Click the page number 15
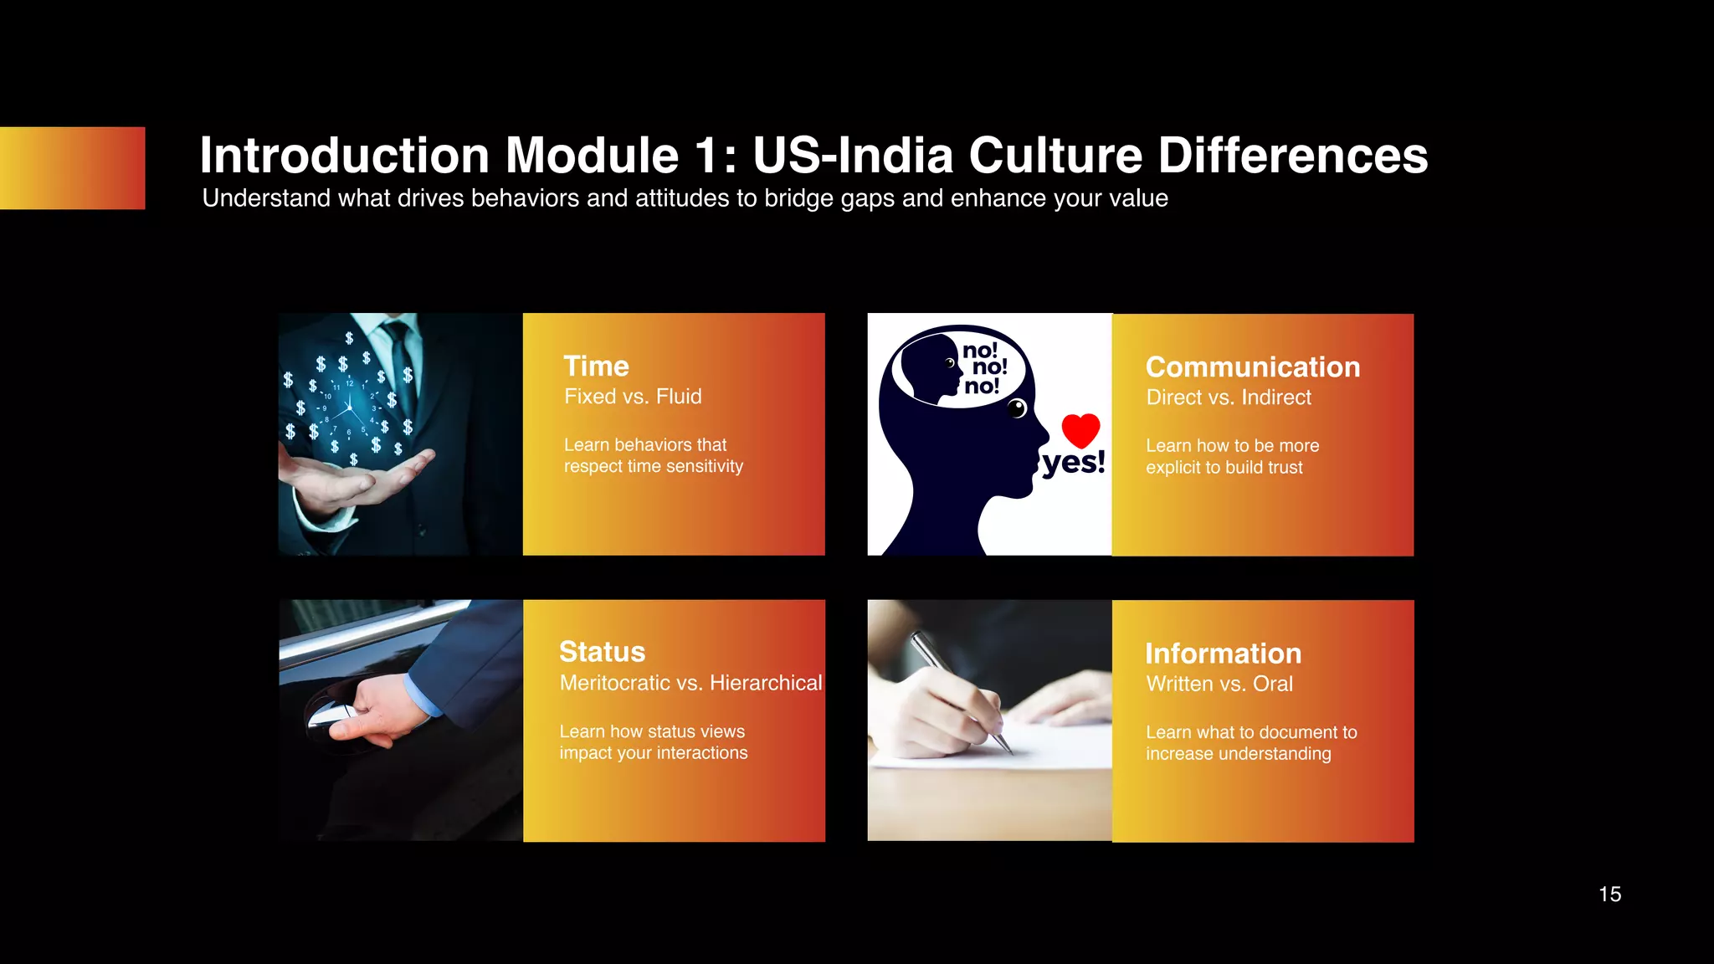[x=1609, y=895]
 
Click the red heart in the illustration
[x=1080, y=430]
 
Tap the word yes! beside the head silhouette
[x=1074, y=463]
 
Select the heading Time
[x=596, y=366]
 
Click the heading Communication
[x=1252, y=367]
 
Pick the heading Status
[x=602, y=652]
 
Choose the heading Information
[x=1223, y=654]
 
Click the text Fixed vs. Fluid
[x=633, y=397]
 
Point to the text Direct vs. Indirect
[x=1228, y=397]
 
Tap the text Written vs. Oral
[x=1219, y=684]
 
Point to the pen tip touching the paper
[x=1008, y=748]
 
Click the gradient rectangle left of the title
[x=72, y=168]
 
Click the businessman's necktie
[x=400, y=351]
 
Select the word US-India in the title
[x=853, y=156]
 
